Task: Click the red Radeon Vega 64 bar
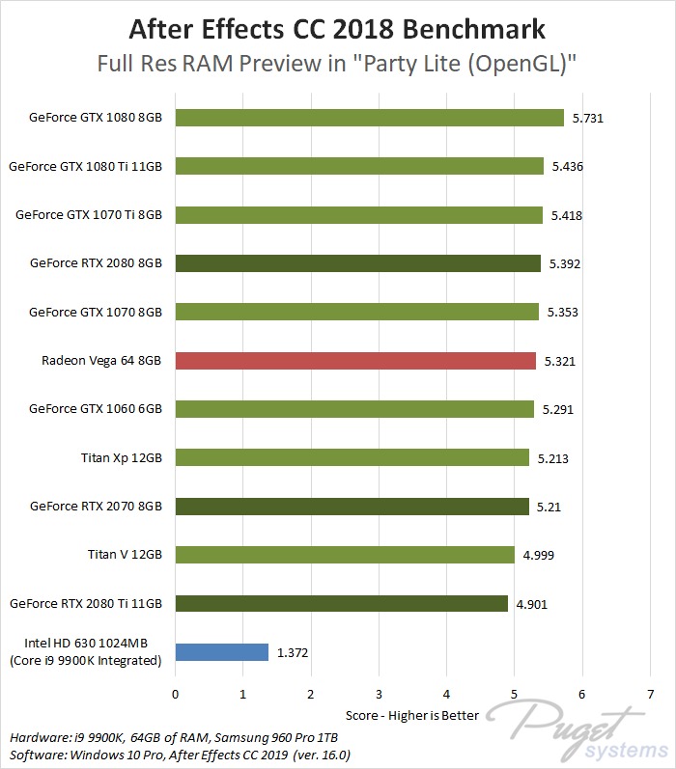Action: point(354,361)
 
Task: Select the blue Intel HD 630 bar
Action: point(221,652)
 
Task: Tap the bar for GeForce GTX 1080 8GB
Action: point(369,118)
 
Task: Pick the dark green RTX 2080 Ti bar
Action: point(341,603)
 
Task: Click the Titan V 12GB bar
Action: point(345,555)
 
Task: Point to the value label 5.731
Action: point(588,118)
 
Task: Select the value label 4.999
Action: point(538,555)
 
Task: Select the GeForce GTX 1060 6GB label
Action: point(96,409)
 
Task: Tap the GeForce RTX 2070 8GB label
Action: point(96,506)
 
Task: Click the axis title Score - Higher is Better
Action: point(412,716)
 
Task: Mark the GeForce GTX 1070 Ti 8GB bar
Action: point(358,215)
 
